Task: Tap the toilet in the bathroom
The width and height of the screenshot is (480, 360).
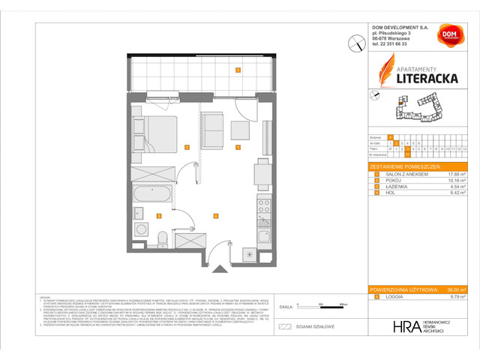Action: tap(163, 238)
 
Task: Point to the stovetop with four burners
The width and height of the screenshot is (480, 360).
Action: tap(263, 203)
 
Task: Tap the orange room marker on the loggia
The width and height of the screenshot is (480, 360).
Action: tap(238, 70)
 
